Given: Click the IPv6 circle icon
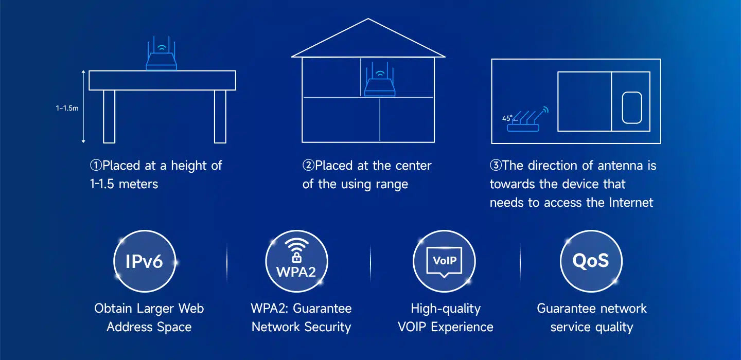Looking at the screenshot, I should tap(144, 261).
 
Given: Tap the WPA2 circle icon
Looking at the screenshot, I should tap(296, 261).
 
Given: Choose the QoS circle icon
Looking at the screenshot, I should tap(591, 261).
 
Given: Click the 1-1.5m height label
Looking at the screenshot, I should tap(67, 109).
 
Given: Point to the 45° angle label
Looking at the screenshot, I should tap(507, 118).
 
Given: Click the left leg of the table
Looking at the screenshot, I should tap(109, 116).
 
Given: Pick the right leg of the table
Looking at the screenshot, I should tap(220, 116).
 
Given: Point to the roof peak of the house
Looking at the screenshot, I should tap(368, 20).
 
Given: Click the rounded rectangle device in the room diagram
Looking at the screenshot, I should tap(632, 107).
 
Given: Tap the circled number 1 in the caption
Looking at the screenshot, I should tap(96, 166).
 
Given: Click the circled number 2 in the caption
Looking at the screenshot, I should tap(308, 166).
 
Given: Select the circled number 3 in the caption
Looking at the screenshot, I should tap(496, 166).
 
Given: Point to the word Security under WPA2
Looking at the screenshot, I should tap(326, 327).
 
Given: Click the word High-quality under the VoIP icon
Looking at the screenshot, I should tap(446, 309).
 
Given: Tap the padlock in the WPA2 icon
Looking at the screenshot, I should tap(296, 257).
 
